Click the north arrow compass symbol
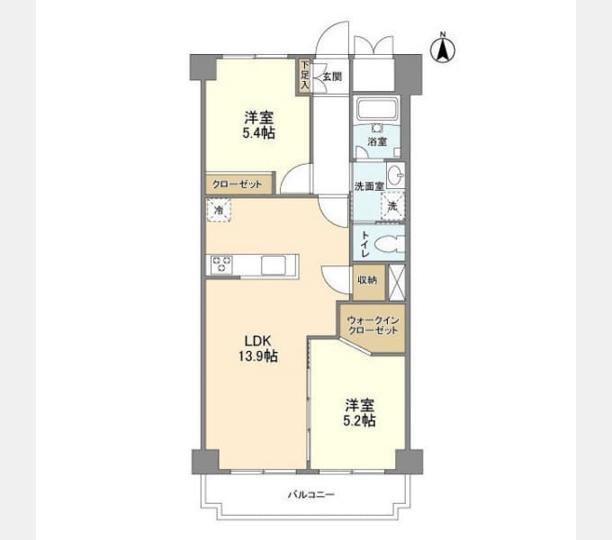443,49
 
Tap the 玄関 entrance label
332,76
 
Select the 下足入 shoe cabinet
304,76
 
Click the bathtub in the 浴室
377,109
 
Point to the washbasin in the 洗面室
395,175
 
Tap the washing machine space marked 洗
392,207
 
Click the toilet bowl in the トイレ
389,245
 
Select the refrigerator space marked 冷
219,211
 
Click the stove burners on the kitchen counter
221,264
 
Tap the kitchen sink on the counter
274,265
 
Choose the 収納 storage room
369,283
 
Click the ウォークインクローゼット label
373,326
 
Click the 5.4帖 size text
259,133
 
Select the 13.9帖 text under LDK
258,355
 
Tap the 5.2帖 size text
359,420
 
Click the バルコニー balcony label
311,495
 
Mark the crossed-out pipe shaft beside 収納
397,283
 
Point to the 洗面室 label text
369,186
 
